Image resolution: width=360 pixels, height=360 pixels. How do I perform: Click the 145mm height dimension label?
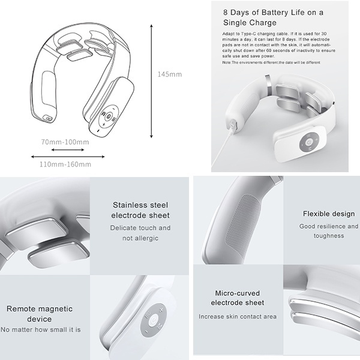coord(170,74)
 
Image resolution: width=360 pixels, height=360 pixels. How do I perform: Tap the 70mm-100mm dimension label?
coord(65,142)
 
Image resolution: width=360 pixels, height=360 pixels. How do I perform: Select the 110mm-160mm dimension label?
coord(65,164)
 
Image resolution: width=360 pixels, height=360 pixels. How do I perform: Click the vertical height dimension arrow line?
coord(151,81)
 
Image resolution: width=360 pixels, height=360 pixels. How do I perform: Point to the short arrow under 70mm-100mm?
coord(68,150)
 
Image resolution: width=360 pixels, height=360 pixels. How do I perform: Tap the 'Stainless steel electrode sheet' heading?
coord(140,210)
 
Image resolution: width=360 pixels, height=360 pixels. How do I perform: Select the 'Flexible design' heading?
coord(329,214)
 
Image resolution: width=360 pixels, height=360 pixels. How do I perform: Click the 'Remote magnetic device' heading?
coord(40,314)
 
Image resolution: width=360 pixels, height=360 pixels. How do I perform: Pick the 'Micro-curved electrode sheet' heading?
coord(238,298)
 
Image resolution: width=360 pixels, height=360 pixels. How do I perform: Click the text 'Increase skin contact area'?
coord(238,316)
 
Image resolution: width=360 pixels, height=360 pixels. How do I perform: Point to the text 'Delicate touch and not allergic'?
coord(140,233)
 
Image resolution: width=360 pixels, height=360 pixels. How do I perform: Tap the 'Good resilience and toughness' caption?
coord(329,231)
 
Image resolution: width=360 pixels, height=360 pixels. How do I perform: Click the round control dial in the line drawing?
coord(108,118)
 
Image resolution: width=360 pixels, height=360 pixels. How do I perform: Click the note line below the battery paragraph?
coord(271,62)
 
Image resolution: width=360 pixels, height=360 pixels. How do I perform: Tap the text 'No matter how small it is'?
coord(41,329)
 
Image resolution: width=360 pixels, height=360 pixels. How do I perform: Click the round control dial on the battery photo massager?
coord(310,143)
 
